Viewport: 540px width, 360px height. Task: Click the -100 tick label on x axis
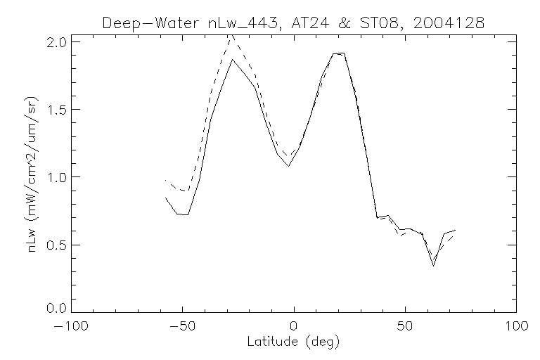[71, 326]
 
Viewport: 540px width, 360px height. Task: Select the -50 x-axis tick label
[182, 326]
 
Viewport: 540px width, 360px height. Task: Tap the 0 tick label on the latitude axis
[294, 326]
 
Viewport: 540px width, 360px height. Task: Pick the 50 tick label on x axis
[405, 326]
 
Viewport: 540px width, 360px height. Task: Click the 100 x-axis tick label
[515, 326]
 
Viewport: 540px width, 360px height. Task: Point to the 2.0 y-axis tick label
[58, 42]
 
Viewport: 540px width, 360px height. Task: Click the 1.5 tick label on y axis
[58, 110]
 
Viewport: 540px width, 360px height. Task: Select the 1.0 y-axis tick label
[58, 177]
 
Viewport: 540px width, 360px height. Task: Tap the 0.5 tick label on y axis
[58, 245]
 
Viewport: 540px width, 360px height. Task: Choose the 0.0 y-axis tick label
[58, 308]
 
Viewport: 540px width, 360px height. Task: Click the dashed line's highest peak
[232, 35]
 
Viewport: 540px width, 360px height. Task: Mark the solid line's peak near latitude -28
[232, 59]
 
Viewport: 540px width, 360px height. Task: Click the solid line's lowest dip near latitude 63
[434, 265]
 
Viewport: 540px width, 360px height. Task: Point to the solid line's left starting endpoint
[165, 198]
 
